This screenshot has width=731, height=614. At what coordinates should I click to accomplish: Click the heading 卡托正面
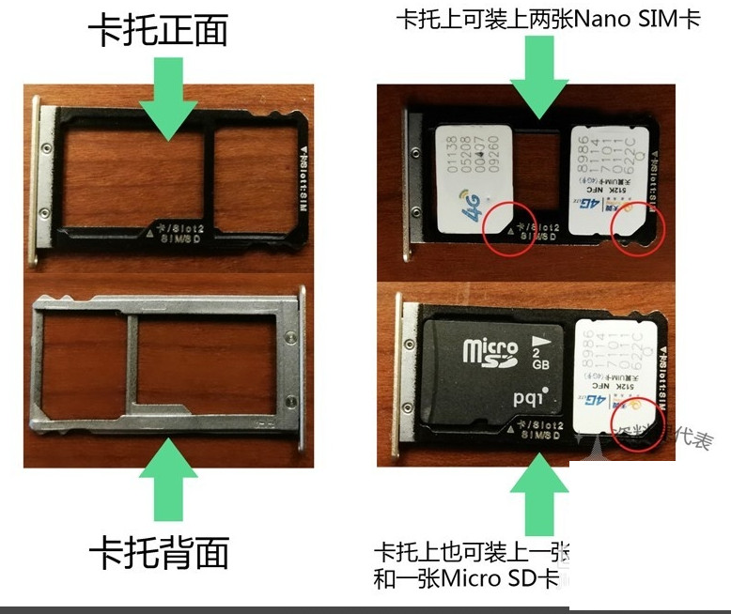coord(159,32)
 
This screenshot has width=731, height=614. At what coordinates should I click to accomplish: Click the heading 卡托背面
coord(159,553)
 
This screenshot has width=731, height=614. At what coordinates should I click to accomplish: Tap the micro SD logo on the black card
coord(490,352)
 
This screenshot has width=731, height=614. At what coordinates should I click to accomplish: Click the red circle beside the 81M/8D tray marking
coord(505,226)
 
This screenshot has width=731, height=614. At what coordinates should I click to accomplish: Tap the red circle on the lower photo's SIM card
coord(631,414)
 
